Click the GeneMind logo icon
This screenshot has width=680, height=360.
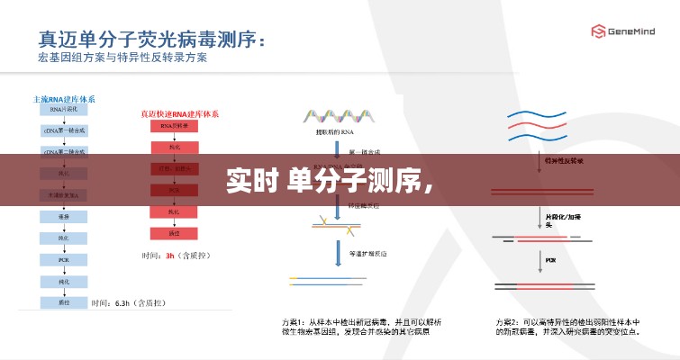[596, 31]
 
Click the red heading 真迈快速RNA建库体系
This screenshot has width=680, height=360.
[179, 114]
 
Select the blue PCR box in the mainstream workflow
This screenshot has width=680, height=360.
[64, 259]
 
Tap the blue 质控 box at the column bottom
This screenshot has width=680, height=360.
[64, 302]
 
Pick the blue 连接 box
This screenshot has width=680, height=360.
[64, 217]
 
